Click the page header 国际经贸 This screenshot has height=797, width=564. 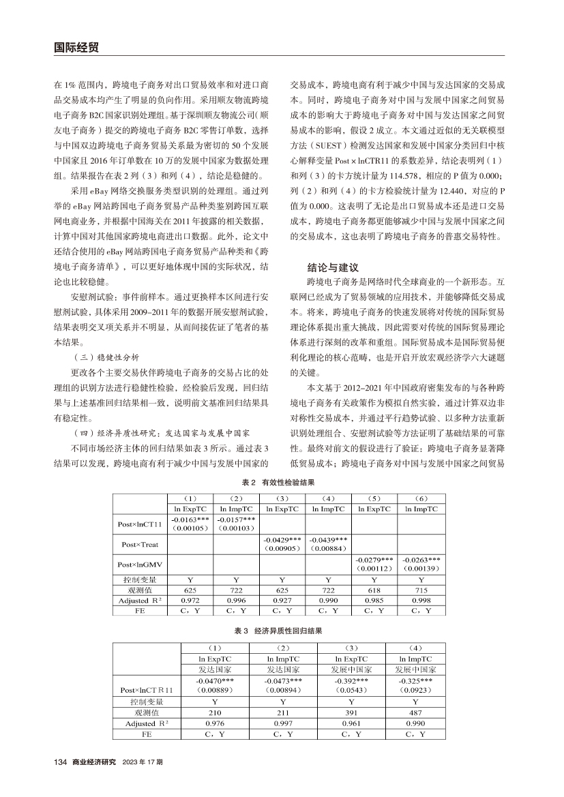pos(76,47)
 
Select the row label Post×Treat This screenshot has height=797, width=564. pos(140,545)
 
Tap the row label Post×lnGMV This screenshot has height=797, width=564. pos(140,564)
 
